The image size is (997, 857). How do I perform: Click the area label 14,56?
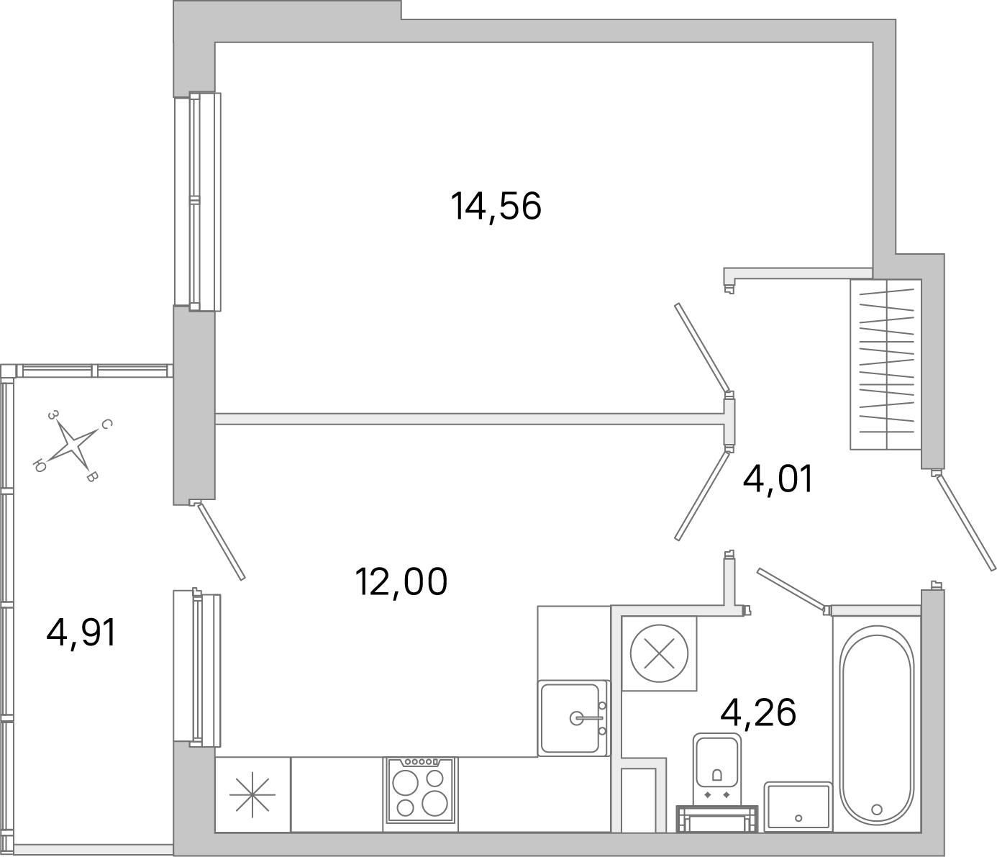tap(496, 207)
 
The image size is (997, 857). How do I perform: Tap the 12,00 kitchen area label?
tap(401, 581)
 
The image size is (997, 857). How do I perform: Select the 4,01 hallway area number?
tap(778, 479)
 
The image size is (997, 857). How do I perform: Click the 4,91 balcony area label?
tap(81, 633)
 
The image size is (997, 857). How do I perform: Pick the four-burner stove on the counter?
tap(420, 791)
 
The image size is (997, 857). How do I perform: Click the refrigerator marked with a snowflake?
tap(252, 794)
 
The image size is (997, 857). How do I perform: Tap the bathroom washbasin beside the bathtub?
tap(798, 806)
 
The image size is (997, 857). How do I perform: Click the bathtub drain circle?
tap(876, 809)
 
